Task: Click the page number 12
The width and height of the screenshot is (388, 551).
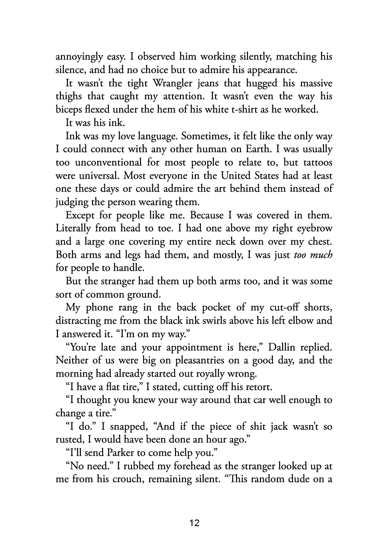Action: click(x=194, y=523)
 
